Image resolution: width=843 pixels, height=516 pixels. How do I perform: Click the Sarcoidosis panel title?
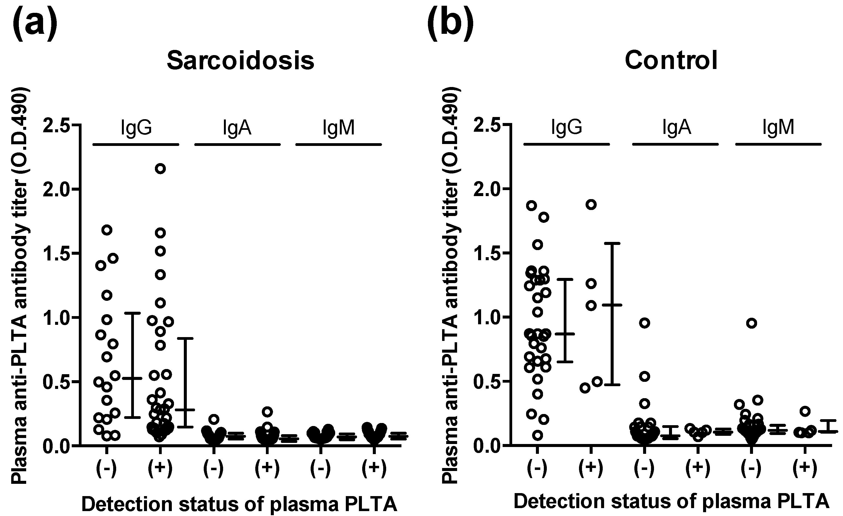(x=241, y=61)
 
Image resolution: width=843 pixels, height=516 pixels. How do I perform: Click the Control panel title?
(x=671, y=60)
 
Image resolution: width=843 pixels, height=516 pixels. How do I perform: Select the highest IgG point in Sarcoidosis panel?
(x=160, y=169)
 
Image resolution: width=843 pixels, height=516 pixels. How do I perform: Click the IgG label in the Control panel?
(x=566, y=127)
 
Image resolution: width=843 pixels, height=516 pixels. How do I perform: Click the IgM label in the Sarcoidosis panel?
(x=338, y=128)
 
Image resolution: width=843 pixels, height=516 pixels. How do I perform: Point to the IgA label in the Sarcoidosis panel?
(x=237, y=128)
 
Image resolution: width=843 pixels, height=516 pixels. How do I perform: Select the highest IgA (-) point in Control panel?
(x=644, y=323)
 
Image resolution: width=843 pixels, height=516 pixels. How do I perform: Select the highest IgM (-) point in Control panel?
(x=751, y=323)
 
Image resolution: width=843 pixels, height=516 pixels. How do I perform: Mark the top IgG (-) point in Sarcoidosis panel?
(x=107, y=230)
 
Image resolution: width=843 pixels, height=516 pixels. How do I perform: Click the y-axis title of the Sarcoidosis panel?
(x=20, y=286)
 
